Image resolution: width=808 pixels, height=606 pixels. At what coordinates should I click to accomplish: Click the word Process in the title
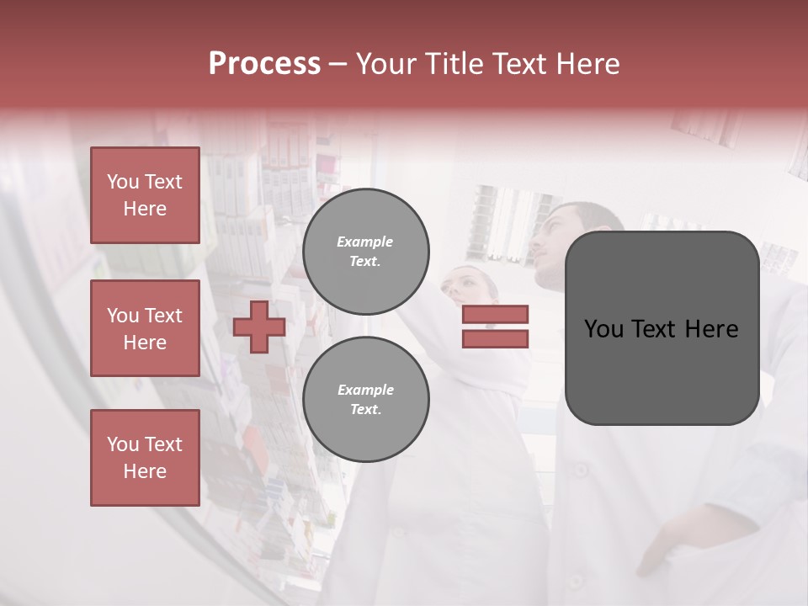(x=264, y=64)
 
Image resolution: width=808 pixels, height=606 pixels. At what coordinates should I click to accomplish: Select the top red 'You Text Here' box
(x=145, y=195)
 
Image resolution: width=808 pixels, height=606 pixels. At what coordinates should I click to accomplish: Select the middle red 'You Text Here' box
(x=145, y=328)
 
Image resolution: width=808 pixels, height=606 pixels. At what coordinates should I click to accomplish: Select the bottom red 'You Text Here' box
(x=145, y=458)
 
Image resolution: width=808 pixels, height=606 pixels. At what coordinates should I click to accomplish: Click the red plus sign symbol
(x=259, y=327)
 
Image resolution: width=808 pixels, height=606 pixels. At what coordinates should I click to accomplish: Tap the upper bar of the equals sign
(x=496, y=315)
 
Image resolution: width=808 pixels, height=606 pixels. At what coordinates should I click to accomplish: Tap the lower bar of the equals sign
(x=496, y=338)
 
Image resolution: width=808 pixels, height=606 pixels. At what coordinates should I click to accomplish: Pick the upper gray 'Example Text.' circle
(x=366, y=252)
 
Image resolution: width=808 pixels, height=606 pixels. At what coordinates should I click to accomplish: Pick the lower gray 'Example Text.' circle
(x=366, y=399)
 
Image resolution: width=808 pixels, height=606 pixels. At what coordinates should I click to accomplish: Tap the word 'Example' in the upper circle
(x=364, y=242)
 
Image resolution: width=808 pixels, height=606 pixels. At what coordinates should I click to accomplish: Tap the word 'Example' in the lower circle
(x=365, y=390)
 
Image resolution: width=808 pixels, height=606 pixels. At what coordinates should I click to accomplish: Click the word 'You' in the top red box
(x=123, y=182)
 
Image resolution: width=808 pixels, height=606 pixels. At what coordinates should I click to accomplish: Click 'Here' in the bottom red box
(x=145, y=471)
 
